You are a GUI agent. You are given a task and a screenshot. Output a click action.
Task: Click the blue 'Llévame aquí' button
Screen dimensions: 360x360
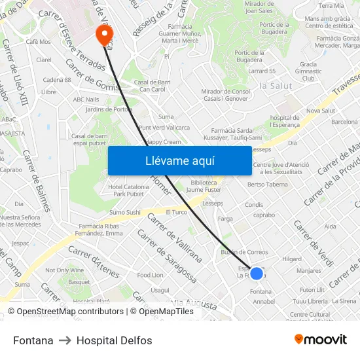coord(179,160)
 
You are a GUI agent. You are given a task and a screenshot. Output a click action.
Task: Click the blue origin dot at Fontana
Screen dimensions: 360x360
coord(257,274)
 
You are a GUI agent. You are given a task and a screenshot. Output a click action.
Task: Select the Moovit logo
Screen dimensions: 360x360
coord(320,340)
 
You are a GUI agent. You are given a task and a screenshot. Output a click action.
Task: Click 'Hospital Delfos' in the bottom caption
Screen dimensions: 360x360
coord(114,340)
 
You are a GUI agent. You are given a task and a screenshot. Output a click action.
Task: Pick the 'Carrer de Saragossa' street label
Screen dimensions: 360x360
coord(167,256)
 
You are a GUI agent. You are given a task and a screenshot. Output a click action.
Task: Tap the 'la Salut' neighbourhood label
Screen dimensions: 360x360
coord(276,86)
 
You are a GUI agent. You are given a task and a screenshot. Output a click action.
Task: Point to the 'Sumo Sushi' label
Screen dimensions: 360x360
coord(124,212)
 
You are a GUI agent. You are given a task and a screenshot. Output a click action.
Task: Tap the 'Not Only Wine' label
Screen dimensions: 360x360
coord(64,270)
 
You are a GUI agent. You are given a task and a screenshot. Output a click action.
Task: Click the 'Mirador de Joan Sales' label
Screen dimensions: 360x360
coord(258,7)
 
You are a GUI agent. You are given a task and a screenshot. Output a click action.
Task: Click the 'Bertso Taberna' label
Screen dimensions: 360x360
coord(267,185)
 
